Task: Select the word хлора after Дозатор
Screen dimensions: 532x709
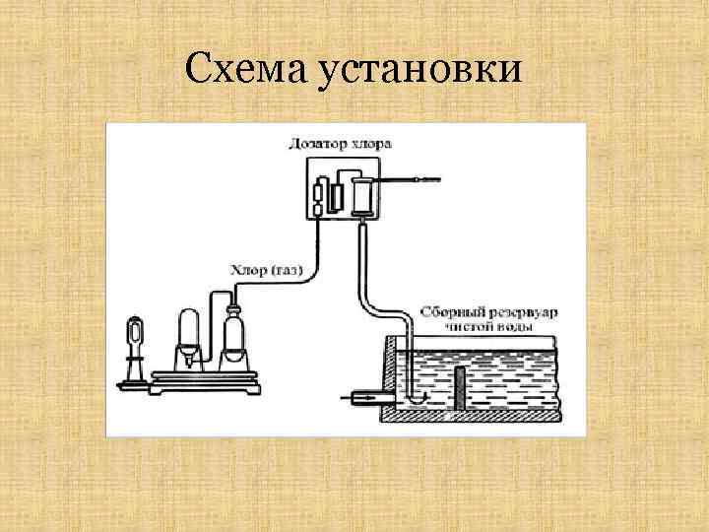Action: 371,144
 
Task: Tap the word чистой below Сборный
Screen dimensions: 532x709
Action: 468,325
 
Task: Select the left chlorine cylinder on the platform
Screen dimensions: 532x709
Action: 188,335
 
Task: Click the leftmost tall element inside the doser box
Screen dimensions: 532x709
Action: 319,197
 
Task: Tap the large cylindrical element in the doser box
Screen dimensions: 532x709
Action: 362,193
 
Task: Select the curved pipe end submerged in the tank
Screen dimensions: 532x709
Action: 417,397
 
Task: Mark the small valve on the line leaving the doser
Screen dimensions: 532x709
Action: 417,180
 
